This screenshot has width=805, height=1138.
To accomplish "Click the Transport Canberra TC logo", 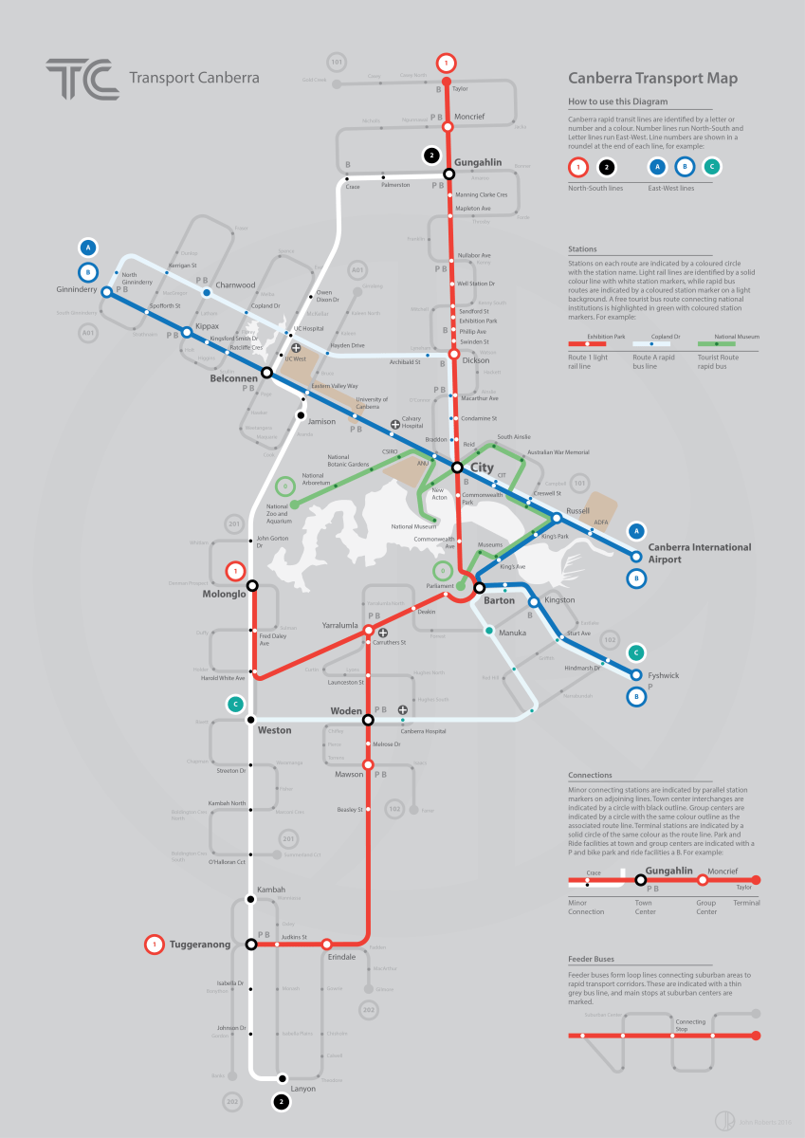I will [x=82, y=79].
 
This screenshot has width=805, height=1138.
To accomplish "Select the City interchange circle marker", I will [x=457, y=468].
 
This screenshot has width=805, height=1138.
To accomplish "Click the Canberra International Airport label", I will [x=700, y=553].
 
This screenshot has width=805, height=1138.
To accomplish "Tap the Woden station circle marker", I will [x=368, y=721].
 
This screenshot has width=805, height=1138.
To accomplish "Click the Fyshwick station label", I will [x=664, y=675].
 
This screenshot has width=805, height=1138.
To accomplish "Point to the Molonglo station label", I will [x=224, y=594].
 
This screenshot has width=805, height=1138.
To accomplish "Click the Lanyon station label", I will [x=302, y=1089].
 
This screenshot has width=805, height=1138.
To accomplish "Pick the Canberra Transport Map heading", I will [x=652, y=80].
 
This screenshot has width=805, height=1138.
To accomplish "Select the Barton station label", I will [x=500, y=600].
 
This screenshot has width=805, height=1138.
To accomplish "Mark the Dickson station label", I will [x=477, y=361].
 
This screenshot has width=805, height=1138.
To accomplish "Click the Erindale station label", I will [x=341, y=957].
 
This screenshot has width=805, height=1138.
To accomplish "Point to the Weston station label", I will [x=275, y=730].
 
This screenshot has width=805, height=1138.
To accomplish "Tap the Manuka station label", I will [x=513, y=633].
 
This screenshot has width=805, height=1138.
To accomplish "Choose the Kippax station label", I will [x=208, y=326].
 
